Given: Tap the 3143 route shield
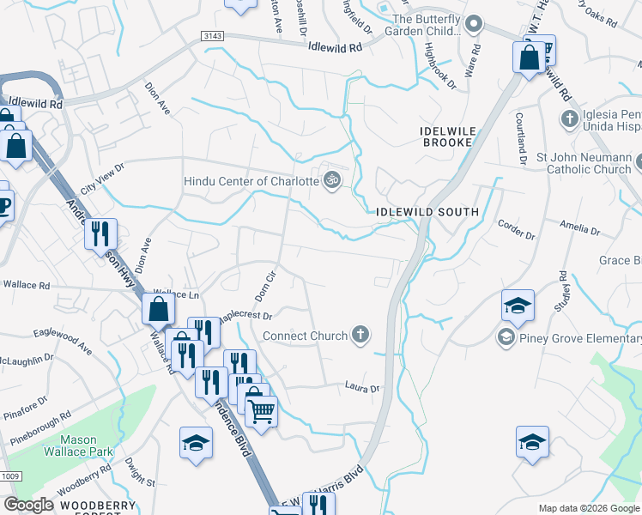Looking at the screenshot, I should pyautogui.click(x=214, y=36).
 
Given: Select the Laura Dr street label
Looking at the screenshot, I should pyautogui.click(x=362, y=388).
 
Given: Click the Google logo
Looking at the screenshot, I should pyautogui.click(x=30, y=505).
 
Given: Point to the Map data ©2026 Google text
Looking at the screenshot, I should pyautogui.click(x=589, y=508).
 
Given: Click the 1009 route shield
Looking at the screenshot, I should pyautogui.click(x=10, y=476).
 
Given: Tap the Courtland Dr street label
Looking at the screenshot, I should pyautogui.click(x=521, y=137).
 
